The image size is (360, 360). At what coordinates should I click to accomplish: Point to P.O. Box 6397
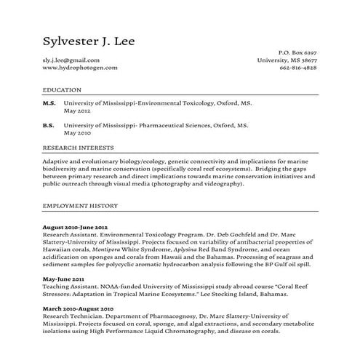(x=298, y=53)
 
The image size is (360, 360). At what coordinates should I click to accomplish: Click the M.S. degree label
(x=49, y=105)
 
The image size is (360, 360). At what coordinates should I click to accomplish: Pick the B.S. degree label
(x=49, y=126)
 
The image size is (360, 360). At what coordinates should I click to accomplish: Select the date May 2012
(x=77, y=112)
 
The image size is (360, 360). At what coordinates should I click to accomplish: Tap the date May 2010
(x=77, y=133)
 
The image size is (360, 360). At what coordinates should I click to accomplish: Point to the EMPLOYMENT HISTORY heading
(x=80, y=206)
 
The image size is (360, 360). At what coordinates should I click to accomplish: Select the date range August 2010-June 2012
(x=76, y=228)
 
